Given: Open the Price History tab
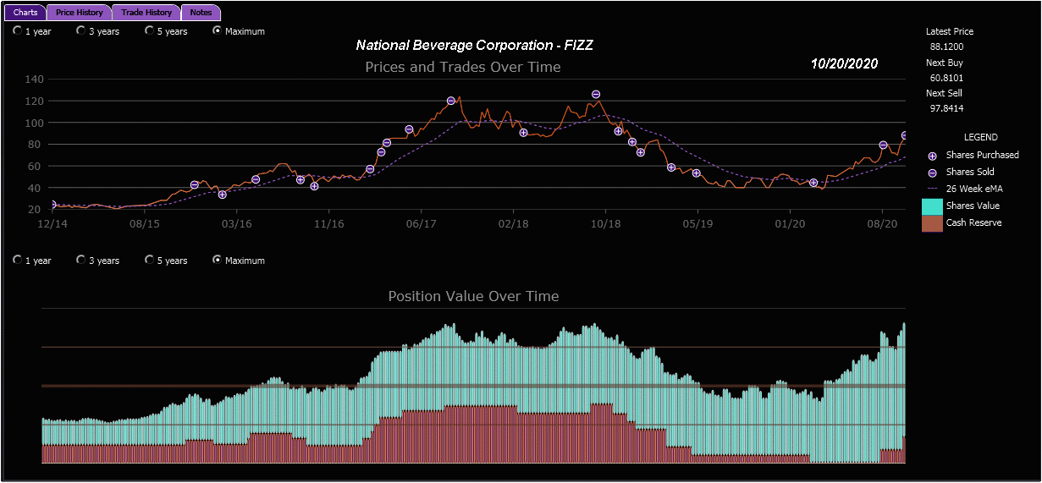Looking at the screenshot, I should click(80, 13).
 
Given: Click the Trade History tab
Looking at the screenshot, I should click(146, 13).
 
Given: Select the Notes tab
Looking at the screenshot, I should click(201, 13).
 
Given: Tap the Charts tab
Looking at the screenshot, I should click(25, 13).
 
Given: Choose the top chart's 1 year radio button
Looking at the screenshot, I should click(17, 31).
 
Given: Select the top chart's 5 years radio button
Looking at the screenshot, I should click(149, 31).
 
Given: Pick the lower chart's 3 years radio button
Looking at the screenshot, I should click(80, 261).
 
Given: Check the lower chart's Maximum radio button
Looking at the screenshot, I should click(217, 261).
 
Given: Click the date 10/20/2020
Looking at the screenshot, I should click(844, 63).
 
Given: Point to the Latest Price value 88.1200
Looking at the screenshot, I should click(946, 47).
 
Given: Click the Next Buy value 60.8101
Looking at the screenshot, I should click(946, 78).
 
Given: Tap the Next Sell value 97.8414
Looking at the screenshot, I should click(946, 108).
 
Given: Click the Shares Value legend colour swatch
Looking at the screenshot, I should click(931, 206).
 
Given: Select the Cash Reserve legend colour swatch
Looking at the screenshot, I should click(931, 222).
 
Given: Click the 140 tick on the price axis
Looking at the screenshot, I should click(34, 80).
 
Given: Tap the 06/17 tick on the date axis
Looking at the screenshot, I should click(421, 224).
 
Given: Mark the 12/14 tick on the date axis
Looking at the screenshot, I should click(52, 224).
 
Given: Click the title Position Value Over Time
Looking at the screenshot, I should click(473, 296).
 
